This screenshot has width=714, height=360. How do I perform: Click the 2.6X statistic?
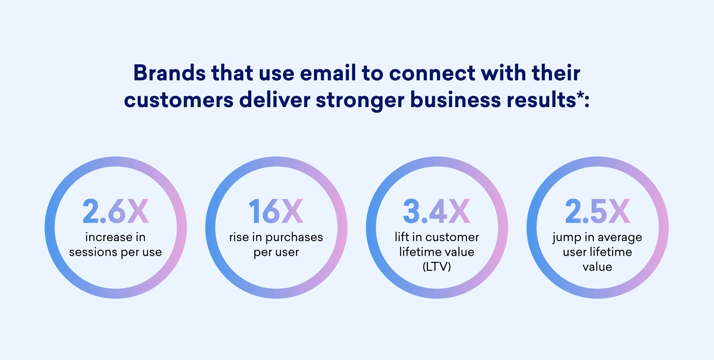pos(116,211)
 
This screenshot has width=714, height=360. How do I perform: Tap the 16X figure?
pos(276,211)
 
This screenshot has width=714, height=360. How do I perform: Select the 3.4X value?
pos(437,211)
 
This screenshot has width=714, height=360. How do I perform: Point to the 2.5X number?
pos(597,211)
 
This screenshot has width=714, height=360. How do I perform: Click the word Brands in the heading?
pos(169,73)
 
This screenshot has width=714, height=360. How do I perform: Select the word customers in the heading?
pos(178,100)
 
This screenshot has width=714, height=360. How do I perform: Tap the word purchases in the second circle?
pos(294,238)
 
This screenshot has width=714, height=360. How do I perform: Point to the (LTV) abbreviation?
pos(437,267)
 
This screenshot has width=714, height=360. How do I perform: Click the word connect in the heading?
pos(432,73)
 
